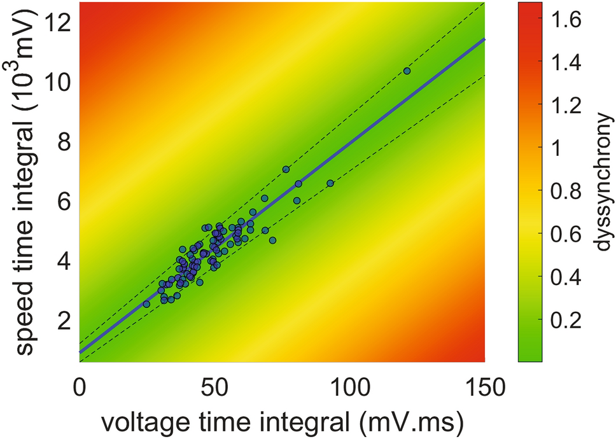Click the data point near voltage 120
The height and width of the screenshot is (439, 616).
point(407,71)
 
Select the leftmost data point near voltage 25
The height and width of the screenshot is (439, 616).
point(146,304)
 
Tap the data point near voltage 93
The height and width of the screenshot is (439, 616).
point(330,183)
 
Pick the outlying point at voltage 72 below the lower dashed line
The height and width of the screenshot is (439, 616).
point(272,240)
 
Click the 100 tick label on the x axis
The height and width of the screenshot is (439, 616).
point(350,385)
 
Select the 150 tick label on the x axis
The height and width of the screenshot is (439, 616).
point(485,385)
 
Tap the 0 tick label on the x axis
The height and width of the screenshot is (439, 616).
point(80,385)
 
